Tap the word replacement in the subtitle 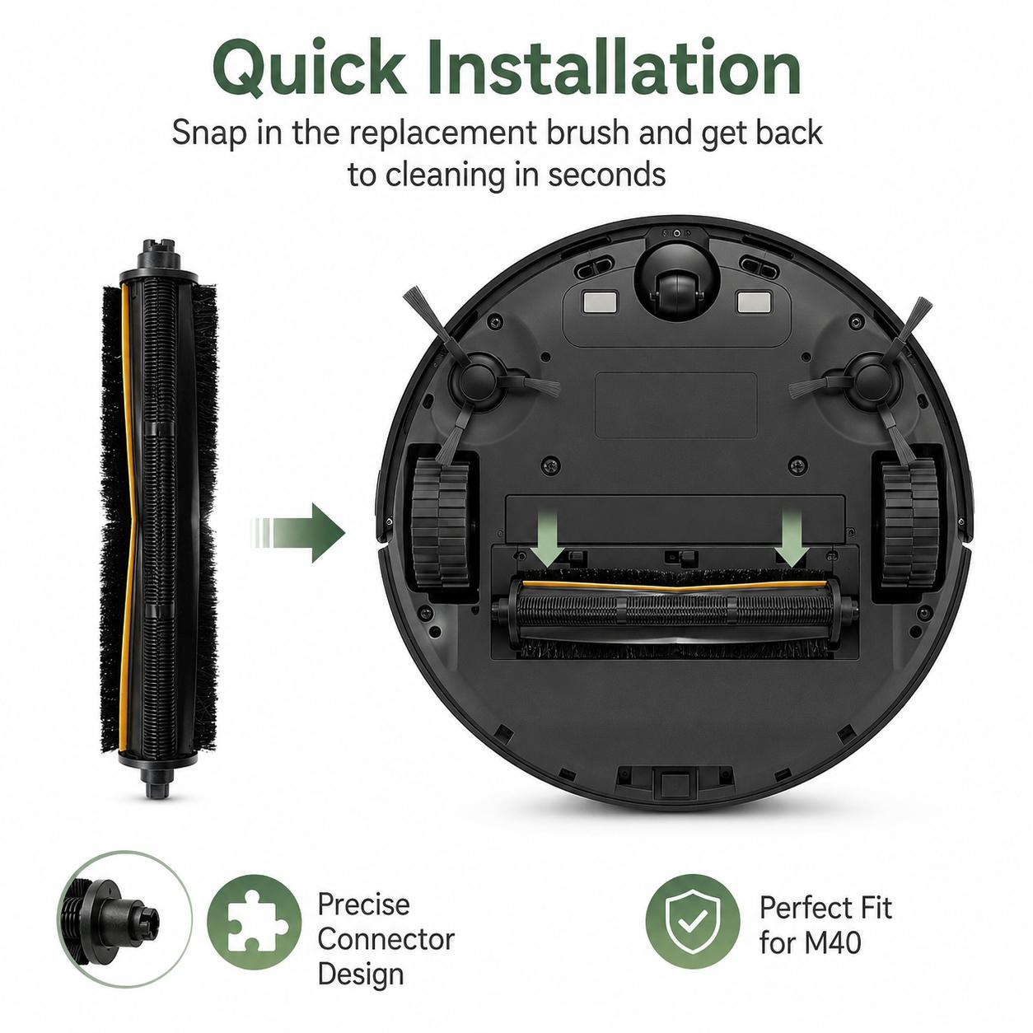click(443, 133)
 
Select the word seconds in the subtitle click(607, 174)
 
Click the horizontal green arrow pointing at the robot click(297, 532)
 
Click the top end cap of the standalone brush click(159, 255)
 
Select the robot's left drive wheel click(441, 522)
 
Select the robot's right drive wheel click(910, 522)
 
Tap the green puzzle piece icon click(255, 922)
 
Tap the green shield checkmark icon click(693, 922)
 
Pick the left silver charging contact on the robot click(601, 301)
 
